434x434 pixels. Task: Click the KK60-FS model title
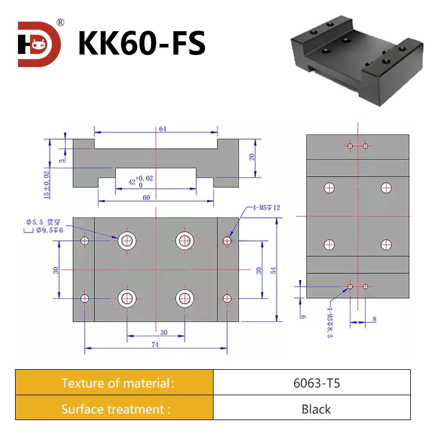(142, 43)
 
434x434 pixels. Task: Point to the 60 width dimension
(146, 197)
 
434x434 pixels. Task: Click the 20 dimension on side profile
(252, 157)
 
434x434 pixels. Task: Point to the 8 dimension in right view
(374, 318)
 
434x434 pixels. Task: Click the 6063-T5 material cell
(312, 382)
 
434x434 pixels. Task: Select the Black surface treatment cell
(312, 409)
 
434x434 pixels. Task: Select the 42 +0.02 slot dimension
(139, 182)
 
